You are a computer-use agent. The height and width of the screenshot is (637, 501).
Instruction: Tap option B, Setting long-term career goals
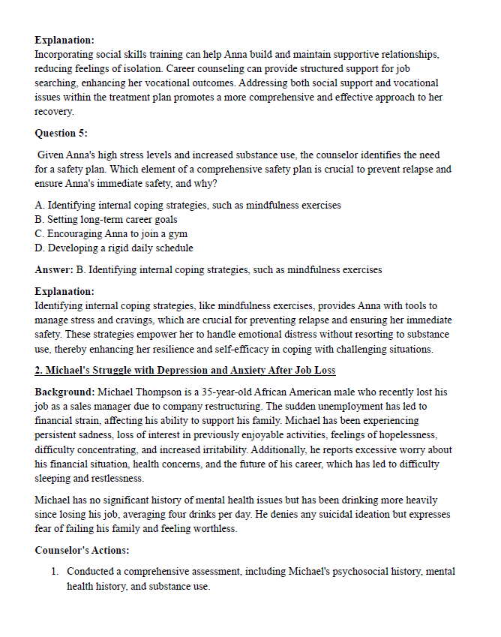coord(106,220)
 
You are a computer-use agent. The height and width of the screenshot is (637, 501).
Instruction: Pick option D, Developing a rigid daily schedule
coord(114,248)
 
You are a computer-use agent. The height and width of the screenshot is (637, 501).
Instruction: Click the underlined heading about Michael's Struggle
coord(185,371)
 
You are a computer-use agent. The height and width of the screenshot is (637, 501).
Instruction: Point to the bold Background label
coord(64,392)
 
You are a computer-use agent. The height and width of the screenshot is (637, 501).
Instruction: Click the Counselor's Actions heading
coord(82,550)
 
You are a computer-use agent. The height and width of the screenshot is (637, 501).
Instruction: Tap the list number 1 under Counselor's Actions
coord(55,572)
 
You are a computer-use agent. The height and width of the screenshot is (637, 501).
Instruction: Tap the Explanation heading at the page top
coord(64,40)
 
